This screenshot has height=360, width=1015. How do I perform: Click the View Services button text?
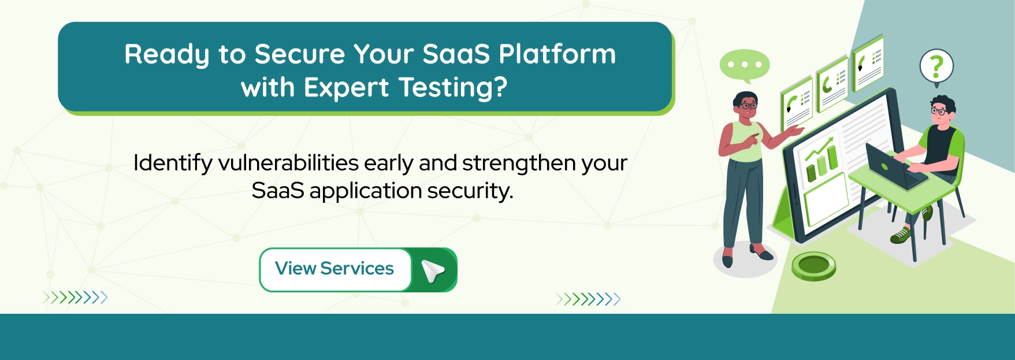tap(334, 269)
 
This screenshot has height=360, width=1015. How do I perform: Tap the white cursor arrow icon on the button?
tap(433, 270)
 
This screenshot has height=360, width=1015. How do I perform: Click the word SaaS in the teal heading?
tap(456, 54)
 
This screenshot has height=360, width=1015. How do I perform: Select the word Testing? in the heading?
tap(453, 88)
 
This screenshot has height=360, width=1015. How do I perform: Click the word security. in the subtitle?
tap(470, 191)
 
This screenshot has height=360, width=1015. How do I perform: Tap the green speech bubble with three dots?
tap(744, 65)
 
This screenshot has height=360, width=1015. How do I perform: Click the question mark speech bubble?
tap(936, 67)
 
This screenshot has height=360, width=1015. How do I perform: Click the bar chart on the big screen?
tap(821, 161)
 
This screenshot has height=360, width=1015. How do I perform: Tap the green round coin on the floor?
tap(813, 266)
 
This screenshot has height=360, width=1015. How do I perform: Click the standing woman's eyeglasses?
tap(749, 106)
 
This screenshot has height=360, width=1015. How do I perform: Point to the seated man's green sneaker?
tap(901, 235)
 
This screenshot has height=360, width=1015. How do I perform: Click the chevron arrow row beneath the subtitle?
tap(588, 299)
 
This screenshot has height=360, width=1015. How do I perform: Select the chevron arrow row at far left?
tap(75, 298)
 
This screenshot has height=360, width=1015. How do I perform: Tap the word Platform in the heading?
tap(557, 54)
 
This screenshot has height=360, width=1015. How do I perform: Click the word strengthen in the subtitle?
tap(520, 163)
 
